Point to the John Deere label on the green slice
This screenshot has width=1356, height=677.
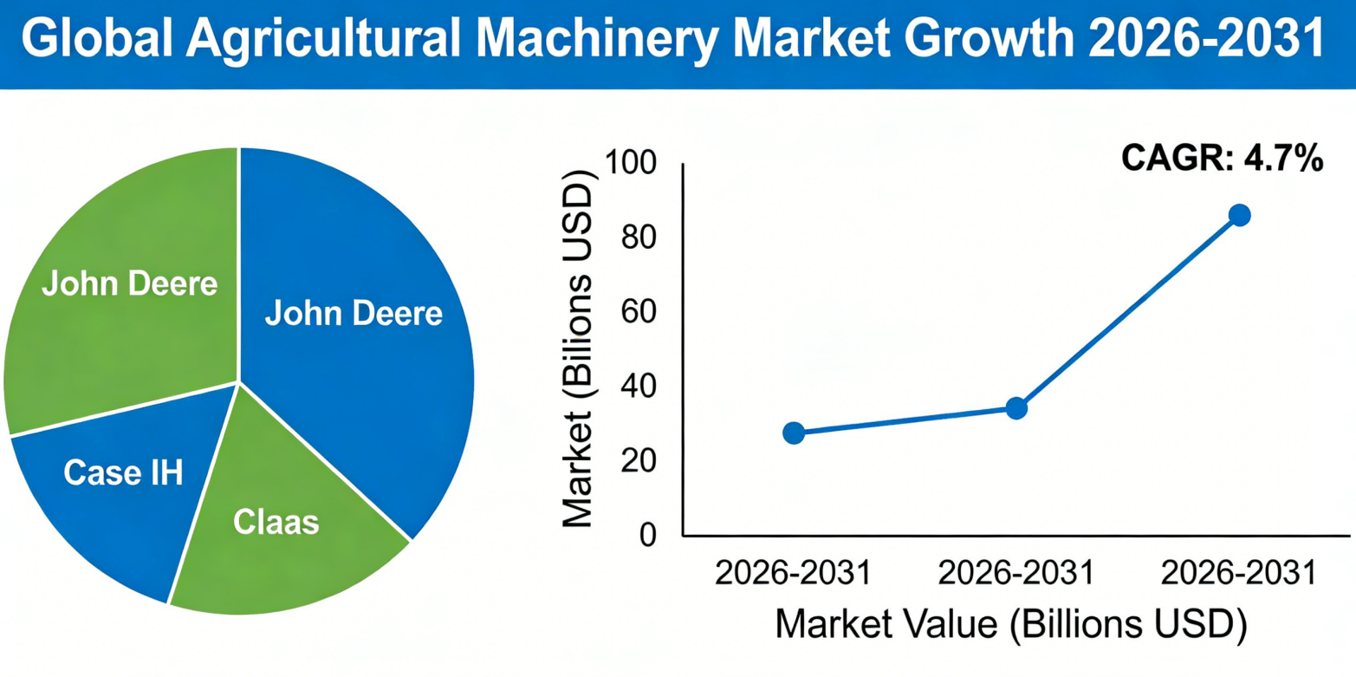[x=130, y=283]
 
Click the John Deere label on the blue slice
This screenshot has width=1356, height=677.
[x=354, y=313]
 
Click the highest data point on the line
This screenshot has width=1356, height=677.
[x=1239, y=215]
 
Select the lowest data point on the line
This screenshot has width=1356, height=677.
[x=794, y=433]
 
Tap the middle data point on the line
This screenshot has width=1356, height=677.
[x=1016, y=407]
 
